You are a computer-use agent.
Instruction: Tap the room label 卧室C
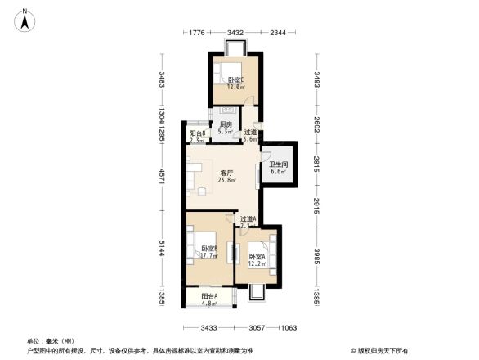(236, 79)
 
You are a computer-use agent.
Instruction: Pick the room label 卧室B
(208, 249)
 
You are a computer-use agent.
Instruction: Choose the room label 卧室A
(257, 256)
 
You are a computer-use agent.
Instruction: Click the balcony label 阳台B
(197, 133)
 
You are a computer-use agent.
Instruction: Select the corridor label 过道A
(248, 219)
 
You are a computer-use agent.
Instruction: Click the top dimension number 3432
(236, 33)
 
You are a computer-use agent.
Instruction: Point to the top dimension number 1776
(196, 33)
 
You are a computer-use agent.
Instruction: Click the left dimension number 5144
(163, 249)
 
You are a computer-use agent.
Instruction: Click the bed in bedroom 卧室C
(232, 71)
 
